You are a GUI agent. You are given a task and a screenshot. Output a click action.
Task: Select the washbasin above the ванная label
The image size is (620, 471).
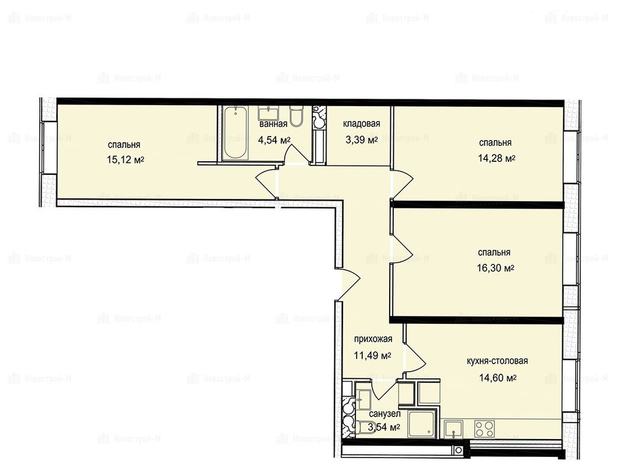[x=270, y=113]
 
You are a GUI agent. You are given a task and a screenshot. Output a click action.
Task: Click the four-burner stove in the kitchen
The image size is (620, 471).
[x=484, y=429]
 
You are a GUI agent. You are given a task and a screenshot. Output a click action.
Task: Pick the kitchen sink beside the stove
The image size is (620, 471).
[x=453, y=429]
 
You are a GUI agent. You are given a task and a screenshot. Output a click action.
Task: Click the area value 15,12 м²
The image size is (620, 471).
[x=125, y=160]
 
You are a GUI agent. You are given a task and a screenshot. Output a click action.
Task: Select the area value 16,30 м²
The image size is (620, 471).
[x=496, y=269]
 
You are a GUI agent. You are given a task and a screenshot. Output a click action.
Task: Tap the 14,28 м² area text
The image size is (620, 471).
[x=497, y=159]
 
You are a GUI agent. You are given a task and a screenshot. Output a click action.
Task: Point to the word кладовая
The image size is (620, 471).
[x=361, y=124]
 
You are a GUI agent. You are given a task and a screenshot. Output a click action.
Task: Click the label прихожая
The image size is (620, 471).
[x=373, y=339]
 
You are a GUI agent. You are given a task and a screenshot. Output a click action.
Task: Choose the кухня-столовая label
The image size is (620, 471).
[x=497, y=361]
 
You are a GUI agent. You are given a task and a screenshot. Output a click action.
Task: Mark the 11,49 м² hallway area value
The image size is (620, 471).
[x=372, y=356]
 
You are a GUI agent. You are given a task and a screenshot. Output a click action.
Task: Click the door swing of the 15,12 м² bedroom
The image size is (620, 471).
[x=267, y=183]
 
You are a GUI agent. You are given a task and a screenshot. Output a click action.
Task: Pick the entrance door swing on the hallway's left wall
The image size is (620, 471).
[x=350, y=284]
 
